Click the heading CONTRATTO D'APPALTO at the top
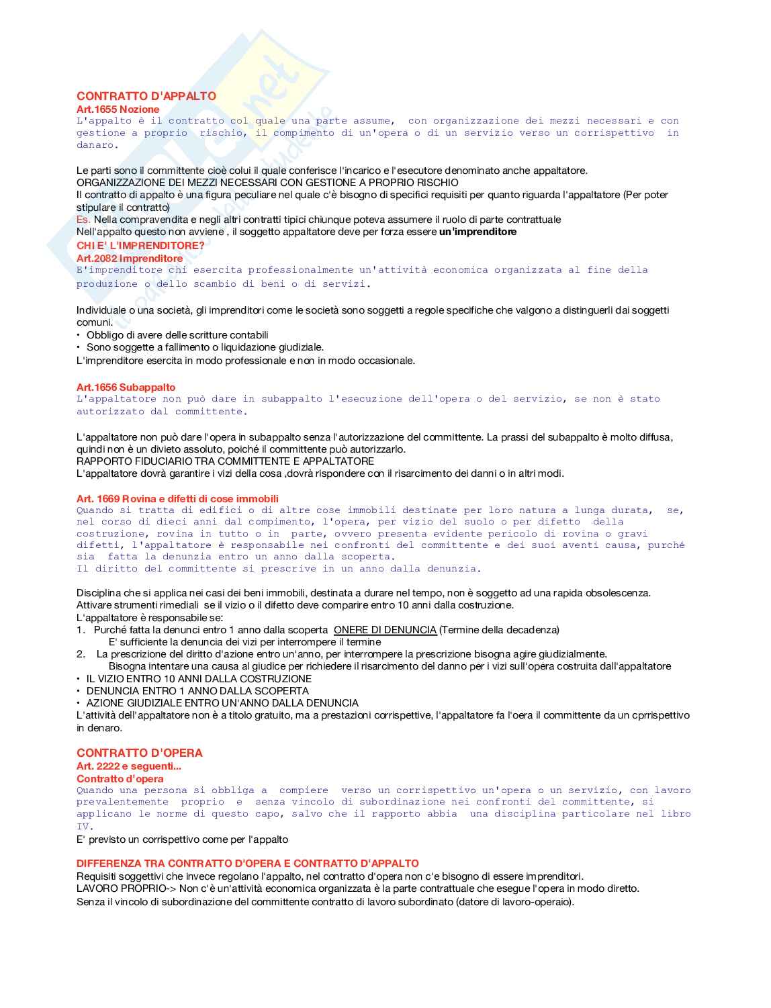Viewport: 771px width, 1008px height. [x=146, y=96]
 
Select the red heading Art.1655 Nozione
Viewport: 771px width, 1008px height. [x=118, y=109]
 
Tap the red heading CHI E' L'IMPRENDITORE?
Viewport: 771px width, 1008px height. [x=140, y=245]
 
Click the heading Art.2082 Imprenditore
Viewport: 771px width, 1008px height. [x=129, y=258]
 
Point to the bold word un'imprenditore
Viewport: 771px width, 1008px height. [x=478, y=232]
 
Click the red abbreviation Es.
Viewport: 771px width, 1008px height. [x=83, y=220]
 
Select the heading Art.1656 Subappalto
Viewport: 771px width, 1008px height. [x=126, y=387]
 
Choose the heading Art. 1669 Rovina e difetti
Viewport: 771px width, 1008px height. [x=177, y=498]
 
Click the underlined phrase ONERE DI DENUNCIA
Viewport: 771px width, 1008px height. [x=385, y=630]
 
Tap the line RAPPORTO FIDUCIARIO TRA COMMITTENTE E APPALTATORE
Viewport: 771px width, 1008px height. [x=225, y=461]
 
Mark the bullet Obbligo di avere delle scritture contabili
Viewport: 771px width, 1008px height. [x=177, y=334]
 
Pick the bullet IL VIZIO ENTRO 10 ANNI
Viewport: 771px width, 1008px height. [x=199, y=678]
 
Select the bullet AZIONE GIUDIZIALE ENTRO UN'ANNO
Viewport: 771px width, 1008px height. [x=222, y=702]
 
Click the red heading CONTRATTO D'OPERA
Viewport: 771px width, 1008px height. [x=139, y=753]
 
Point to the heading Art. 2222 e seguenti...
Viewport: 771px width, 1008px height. [x=129, y=766]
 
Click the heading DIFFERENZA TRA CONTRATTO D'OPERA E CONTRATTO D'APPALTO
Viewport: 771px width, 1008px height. [x=247, y=863]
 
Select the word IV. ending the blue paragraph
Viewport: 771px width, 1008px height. [x=85, y=827]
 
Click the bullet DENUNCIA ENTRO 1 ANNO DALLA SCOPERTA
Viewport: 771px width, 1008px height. [x=197, y=690]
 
